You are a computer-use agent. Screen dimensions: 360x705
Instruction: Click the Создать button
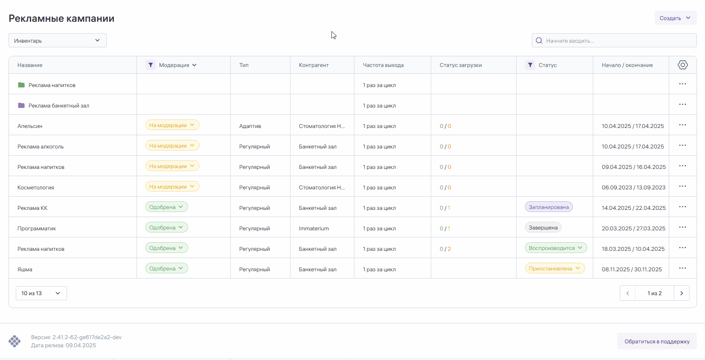pyautogui.click(x=675, y=18)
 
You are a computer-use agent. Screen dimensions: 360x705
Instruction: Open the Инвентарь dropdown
pyautogui.click(x=58, y=41)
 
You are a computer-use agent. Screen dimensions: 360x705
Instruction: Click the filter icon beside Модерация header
pyautogui.click(x=151, y=65)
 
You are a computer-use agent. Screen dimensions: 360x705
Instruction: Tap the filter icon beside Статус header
pyautogui.click(x=530, y=65)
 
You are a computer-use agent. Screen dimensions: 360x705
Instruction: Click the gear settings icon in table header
pyautogui.click(x=682, y=65)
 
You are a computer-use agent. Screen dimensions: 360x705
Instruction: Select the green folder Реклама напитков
pyautogui.click(x=21, y=85)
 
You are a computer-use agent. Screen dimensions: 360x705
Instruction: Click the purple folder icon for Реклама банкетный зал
pyautogui.click(x=21, y=105)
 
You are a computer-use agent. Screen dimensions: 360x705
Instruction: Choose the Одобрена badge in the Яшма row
pyautogui.click(x=166, y=268)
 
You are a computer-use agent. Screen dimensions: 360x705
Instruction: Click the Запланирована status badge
pyautogui.click(x=548, y=207)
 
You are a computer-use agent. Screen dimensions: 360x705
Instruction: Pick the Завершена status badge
pyautogui.click(x=543, y=227)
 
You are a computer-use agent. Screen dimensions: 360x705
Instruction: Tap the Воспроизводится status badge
pyautogui.click(x=555, y=248)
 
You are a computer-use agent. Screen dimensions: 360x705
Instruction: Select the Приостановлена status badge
pyautogui.click(x=554, y=268)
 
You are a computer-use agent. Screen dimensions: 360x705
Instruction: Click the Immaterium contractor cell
pyautogui.click(x=314, y=228)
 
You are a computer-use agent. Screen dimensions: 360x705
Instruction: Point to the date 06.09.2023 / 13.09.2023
pyautogui.click(x=633, y=187)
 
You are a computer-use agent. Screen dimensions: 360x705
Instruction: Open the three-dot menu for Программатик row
pyautogui.click(x=682, y=227)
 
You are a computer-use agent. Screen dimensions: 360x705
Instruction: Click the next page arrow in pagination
pyautogui.click(x=682, y=293)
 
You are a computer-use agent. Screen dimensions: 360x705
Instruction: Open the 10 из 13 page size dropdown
pyautogui.click(x=41, y=293)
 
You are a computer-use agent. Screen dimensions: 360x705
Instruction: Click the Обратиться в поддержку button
pyautogui.click(x=657, y=341)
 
